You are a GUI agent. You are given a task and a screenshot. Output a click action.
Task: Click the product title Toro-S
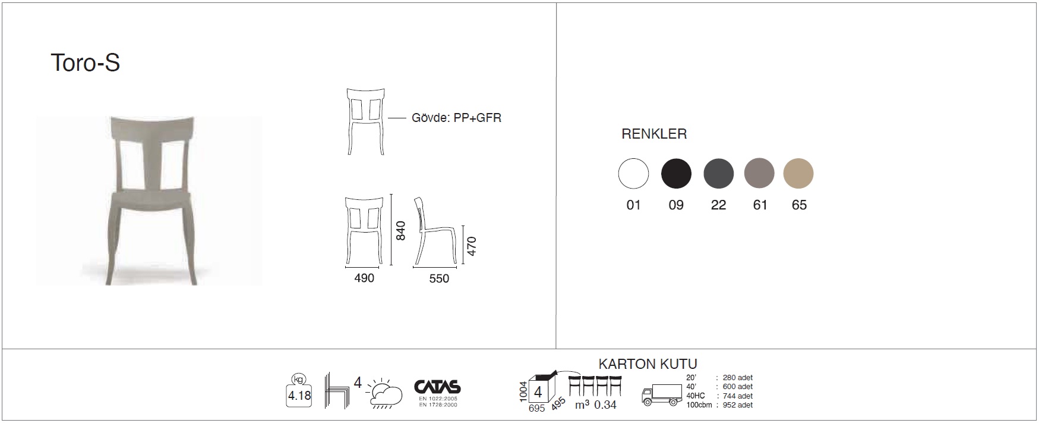[x=86, y=62]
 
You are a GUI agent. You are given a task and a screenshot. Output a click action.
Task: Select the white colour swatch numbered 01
[x=633, y=174]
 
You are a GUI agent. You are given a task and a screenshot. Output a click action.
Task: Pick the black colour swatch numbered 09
[x=676, y=174]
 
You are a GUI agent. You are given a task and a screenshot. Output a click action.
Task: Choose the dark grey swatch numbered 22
[x=719, y=174]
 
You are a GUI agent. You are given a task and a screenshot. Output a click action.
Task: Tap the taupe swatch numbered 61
[x=759, y=174]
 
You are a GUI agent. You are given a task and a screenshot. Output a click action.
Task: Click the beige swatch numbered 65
[x=798, y=174]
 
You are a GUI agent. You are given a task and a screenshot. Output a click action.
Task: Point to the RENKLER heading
[x=654, y=134]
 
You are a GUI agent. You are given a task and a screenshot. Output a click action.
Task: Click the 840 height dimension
[x=401, y=231]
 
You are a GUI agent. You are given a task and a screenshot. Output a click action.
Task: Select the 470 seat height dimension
[x=472, y=246]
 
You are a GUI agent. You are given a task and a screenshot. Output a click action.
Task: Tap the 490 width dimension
[x=364, y=278]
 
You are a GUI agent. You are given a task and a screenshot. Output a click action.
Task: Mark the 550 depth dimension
[x=439, y=278]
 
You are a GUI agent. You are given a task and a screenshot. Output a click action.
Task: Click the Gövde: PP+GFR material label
[x=456, y=118]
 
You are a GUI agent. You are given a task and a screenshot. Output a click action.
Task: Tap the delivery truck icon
[x=662, y=394]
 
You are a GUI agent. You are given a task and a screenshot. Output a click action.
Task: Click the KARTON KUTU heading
[x=648, y=364]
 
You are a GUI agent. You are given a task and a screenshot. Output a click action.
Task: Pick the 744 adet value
[x=738, y=396]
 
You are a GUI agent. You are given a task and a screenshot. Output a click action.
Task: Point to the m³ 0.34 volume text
[x=595, y=405]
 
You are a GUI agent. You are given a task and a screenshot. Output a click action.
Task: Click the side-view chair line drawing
[x=435, y=230]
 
